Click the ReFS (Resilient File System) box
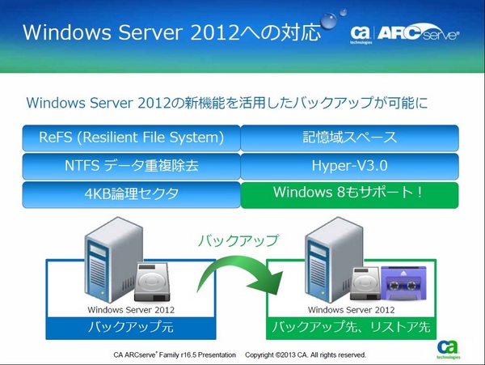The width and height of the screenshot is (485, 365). (131, 137)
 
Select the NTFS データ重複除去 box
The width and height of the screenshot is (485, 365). (131, 166)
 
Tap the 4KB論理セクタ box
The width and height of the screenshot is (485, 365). (131, 193)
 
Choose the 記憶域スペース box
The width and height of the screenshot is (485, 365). (350, 137)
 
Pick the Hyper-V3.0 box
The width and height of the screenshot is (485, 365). (350, 166)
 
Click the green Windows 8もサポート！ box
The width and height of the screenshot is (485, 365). (350, 193)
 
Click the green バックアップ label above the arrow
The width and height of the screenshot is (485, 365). (239, 240)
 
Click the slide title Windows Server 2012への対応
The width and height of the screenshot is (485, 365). (171, 34)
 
